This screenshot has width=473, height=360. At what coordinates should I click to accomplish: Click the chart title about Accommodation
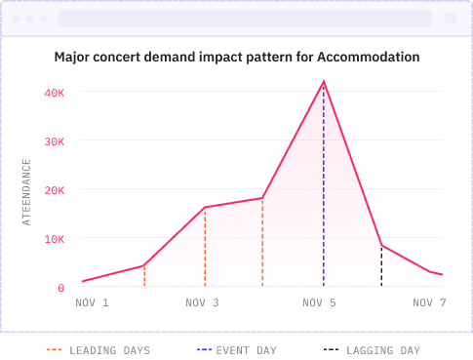[237, 58]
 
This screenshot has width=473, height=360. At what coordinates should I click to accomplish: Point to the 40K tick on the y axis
[54, 93]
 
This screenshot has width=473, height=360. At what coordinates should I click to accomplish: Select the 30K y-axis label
[54, 141]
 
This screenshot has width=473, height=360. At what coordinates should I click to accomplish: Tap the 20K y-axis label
[54, 190]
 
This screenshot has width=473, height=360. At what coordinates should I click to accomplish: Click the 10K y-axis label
[54, 239]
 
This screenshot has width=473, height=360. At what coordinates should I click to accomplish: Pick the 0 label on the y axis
[60, 288]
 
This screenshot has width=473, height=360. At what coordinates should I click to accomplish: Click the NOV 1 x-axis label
[92, 303]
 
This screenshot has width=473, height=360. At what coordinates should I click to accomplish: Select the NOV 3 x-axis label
[203, 303]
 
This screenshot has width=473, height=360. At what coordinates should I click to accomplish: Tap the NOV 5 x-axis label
[319, 303]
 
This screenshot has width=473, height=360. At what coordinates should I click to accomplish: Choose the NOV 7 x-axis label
[428, 303]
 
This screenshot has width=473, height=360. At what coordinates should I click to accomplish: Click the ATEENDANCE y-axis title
[27, 191]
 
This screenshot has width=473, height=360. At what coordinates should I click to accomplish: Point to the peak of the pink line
[323, 82]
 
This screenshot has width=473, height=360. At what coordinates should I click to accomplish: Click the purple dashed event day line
[323, 195]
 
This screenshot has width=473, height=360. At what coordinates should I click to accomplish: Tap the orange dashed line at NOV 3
[205, 249]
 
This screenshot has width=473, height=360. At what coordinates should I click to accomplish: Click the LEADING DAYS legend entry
[99, 349]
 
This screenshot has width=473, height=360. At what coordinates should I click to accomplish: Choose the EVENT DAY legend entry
[236, 349]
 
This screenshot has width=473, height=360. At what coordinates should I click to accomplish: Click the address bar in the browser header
[244, 19]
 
